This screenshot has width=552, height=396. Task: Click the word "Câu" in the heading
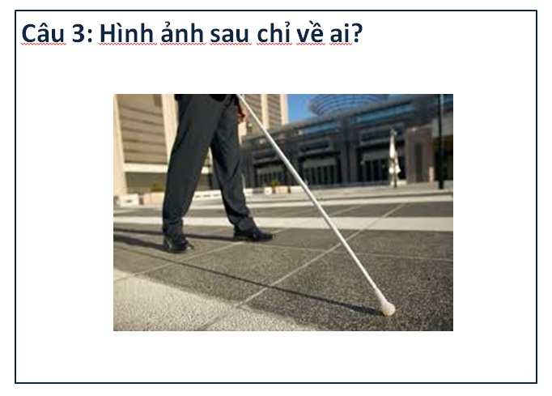tap(44, 33)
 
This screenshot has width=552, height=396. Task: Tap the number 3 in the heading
tap(79, 34)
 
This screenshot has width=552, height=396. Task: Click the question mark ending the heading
tap(357, 34)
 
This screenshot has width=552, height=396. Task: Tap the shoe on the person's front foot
tap(252, 234)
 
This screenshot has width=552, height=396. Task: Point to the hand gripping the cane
tap(241, 112)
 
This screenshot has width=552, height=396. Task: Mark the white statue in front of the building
tap(394, 158)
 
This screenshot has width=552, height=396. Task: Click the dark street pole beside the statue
tap(441, 142)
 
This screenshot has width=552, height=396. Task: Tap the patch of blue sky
tap(297, 106)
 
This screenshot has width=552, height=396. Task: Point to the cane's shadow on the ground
tap(246, 279)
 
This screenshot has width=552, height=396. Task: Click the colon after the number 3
tap(90, 36)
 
